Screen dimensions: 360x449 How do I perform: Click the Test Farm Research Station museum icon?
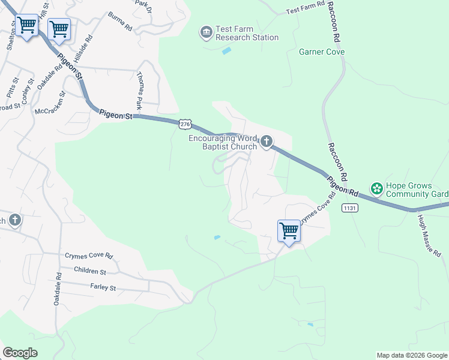[x=206, y=31]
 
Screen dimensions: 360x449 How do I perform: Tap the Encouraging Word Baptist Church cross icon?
[x=266, y=142]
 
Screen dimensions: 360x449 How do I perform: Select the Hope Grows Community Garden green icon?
[x=377, y=189]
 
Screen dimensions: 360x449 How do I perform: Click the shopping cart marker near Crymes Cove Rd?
[x=289, y=231]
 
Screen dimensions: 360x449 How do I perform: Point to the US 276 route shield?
[x=185, y=124]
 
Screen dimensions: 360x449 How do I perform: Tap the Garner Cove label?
[x=322, y=52]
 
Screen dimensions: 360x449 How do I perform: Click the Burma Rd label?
[x=120, y=22]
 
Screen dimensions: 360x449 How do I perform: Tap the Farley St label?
[x=103, y=288]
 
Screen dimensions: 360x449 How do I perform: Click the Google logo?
[x=20, y=353]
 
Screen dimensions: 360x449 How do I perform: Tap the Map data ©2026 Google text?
[x=411, y=355]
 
